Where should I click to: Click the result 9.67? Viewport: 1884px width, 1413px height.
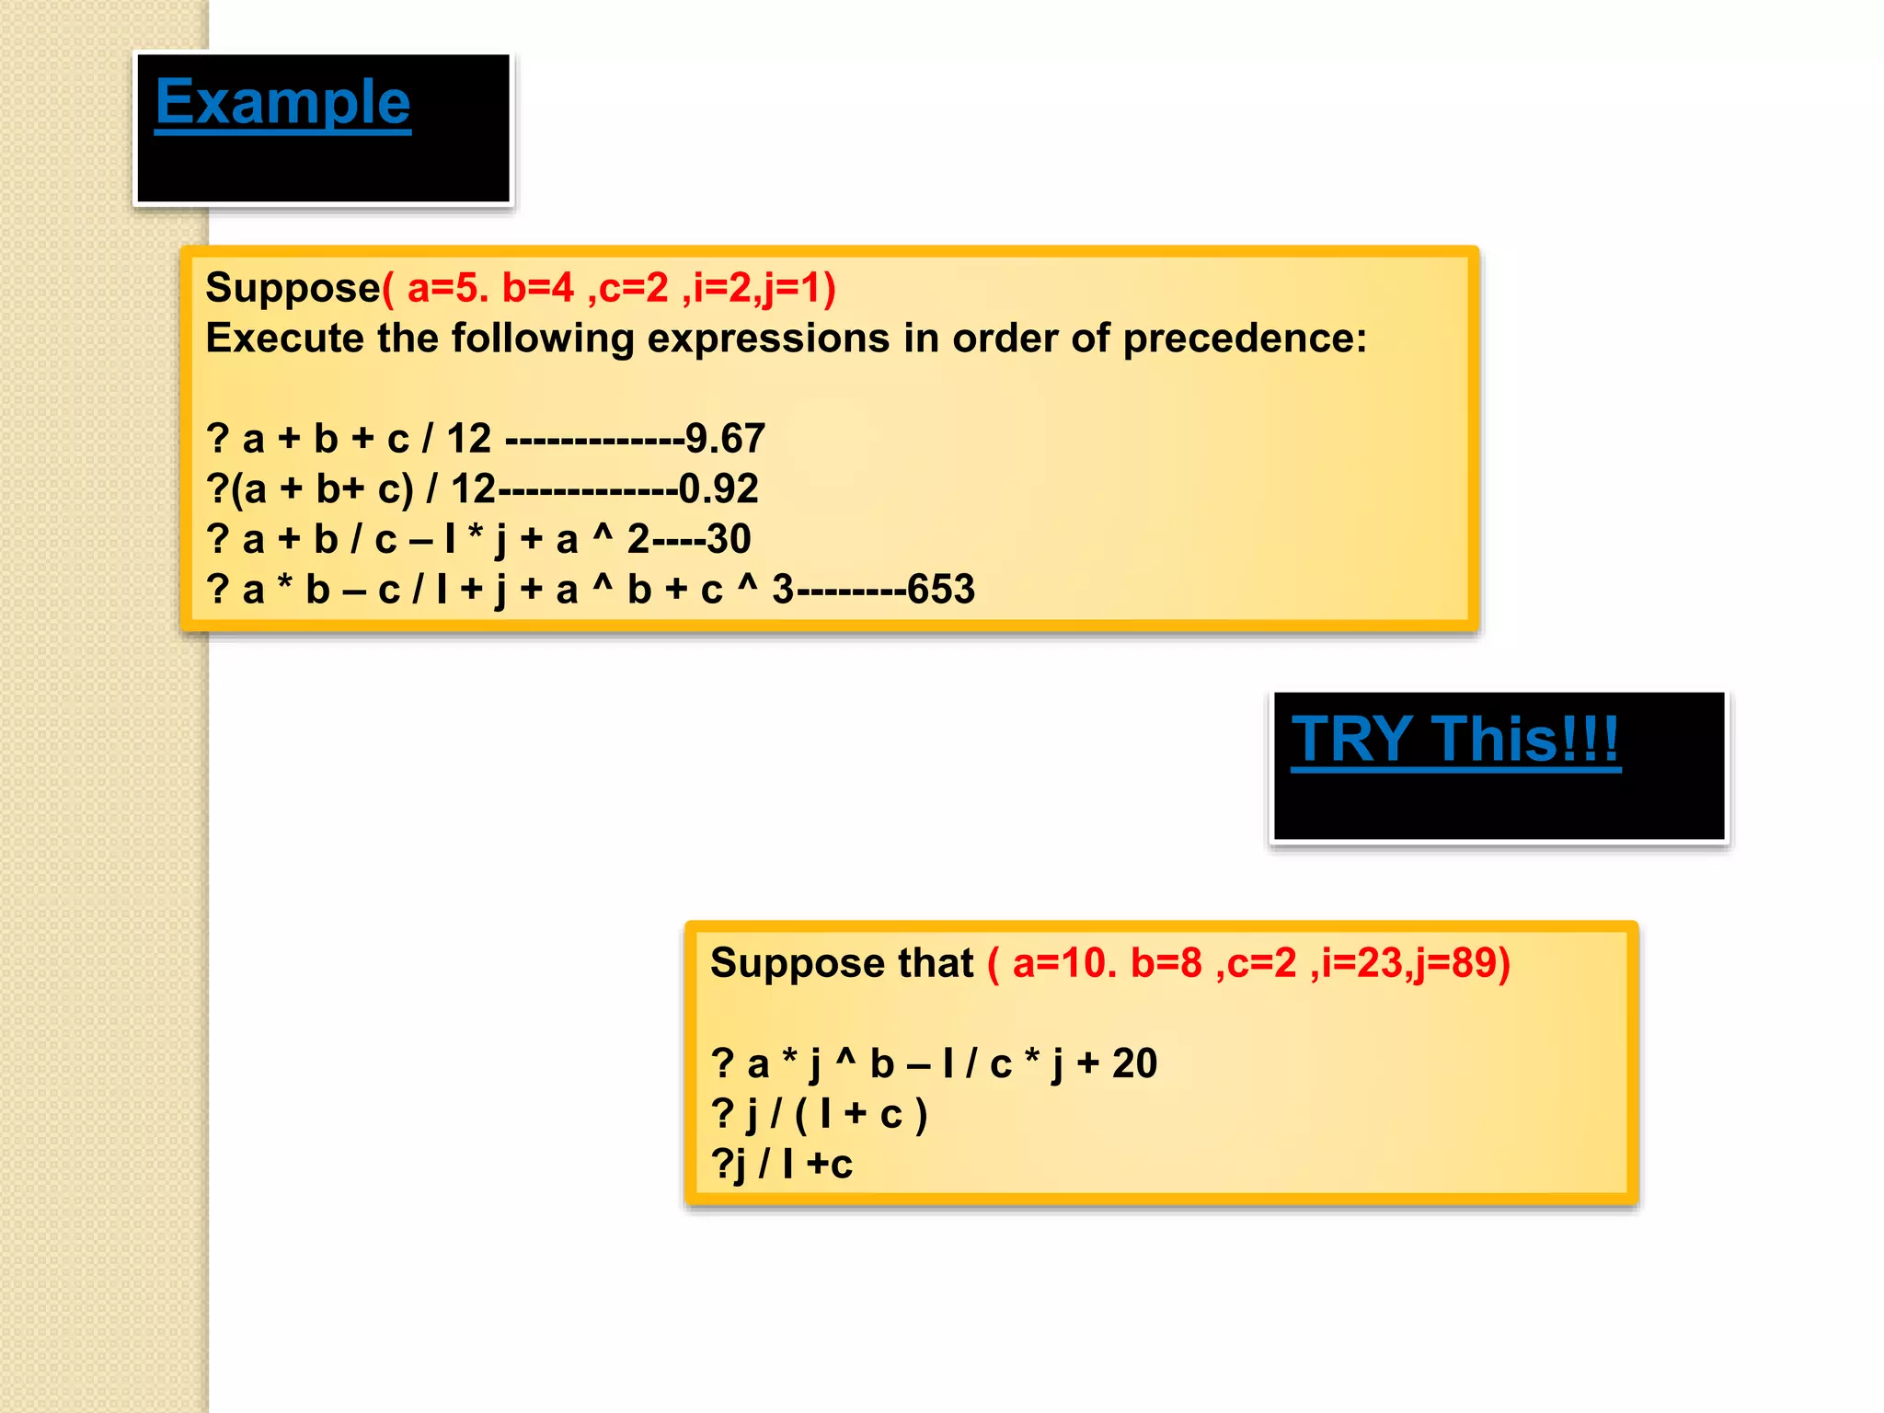725,439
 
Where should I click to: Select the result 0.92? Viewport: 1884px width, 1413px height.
718,488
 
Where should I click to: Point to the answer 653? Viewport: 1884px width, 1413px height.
940,590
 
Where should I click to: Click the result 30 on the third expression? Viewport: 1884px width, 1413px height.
729,539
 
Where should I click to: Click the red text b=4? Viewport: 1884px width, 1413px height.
537,288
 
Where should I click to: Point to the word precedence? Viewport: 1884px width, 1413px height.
1245,339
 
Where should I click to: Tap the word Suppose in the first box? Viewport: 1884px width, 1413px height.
293,288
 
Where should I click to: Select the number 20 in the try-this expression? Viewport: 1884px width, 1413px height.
1134,1063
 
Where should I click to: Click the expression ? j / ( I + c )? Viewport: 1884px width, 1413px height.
819,1114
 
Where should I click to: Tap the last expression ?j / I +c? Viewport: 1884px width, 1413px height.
782,1165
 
